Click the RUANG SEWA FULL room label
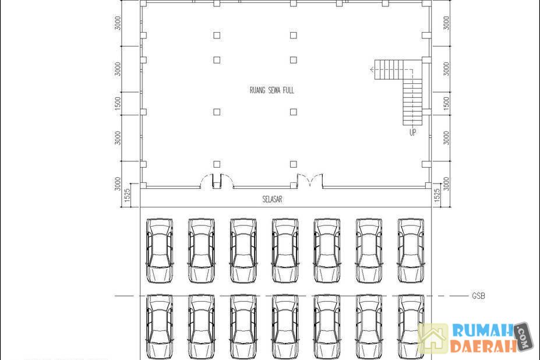271,90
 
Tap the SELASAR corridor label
272,199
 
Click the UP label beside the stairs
412,132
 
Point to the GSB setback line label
478,296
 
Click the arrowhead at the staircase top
372,69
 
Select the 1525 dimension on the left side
127,195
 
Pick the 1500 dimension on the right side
446,103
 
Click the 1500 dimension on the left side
118,103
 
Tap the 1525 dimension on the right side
437,195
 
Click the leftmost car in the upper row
160,251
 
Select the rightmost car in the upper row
411,251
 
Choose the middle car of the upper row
285,251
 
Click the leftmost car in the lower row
160,327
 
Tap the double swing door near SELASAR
310,181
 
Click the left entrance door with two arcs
217,181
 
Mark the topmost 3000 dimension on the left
118,23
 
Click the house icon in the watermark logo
433,338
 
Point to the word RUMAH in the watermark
482,330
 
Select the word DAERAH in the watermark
483,346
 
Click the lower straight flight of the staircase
412,102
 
